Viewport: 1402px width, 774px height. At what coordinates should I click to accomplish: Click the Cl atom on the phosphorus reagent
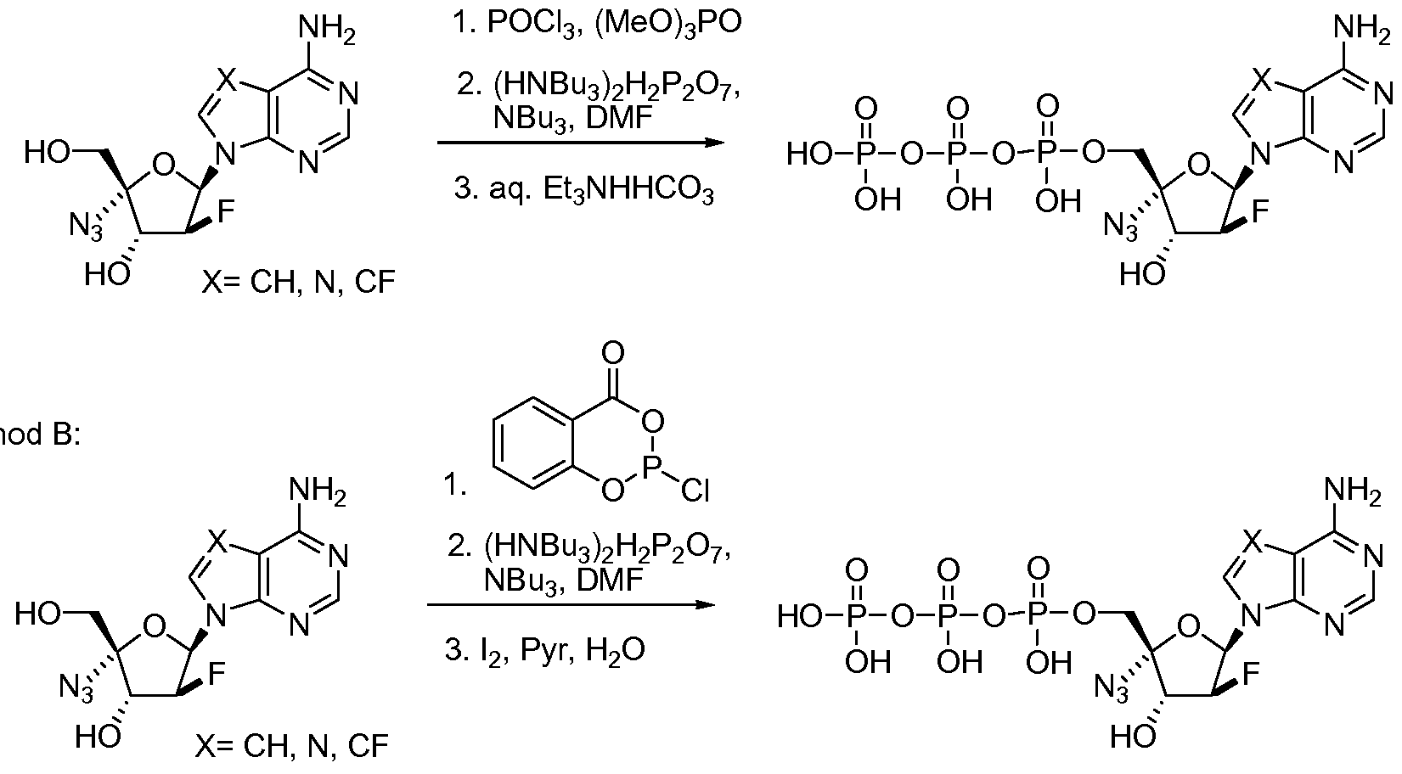[x=695, y=491]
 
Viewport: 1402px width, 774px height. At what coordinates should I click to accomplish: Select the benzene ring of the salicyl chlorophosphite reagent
[x=532, y=442]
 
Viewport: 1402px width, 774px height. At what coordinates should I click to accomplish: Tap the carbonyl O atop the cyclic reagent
[x=613, y=353]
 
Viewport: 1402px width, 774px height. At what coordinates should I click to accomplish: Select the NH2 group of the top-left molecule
[x=327, y=31]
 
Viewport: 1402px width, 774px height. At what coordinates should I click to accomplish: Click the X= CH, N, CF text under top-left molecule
[x=299, y=283]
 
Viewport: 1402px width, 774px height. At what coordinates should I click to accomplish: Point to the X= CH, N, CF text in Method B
[x=291, y=746]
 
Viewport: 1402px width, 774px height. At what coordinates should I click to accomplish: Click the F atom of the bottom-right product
[x=1251, y=674]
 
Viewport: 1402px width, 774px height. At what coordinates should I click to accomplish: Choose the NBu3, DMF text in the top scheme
[x=572, y=118]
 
